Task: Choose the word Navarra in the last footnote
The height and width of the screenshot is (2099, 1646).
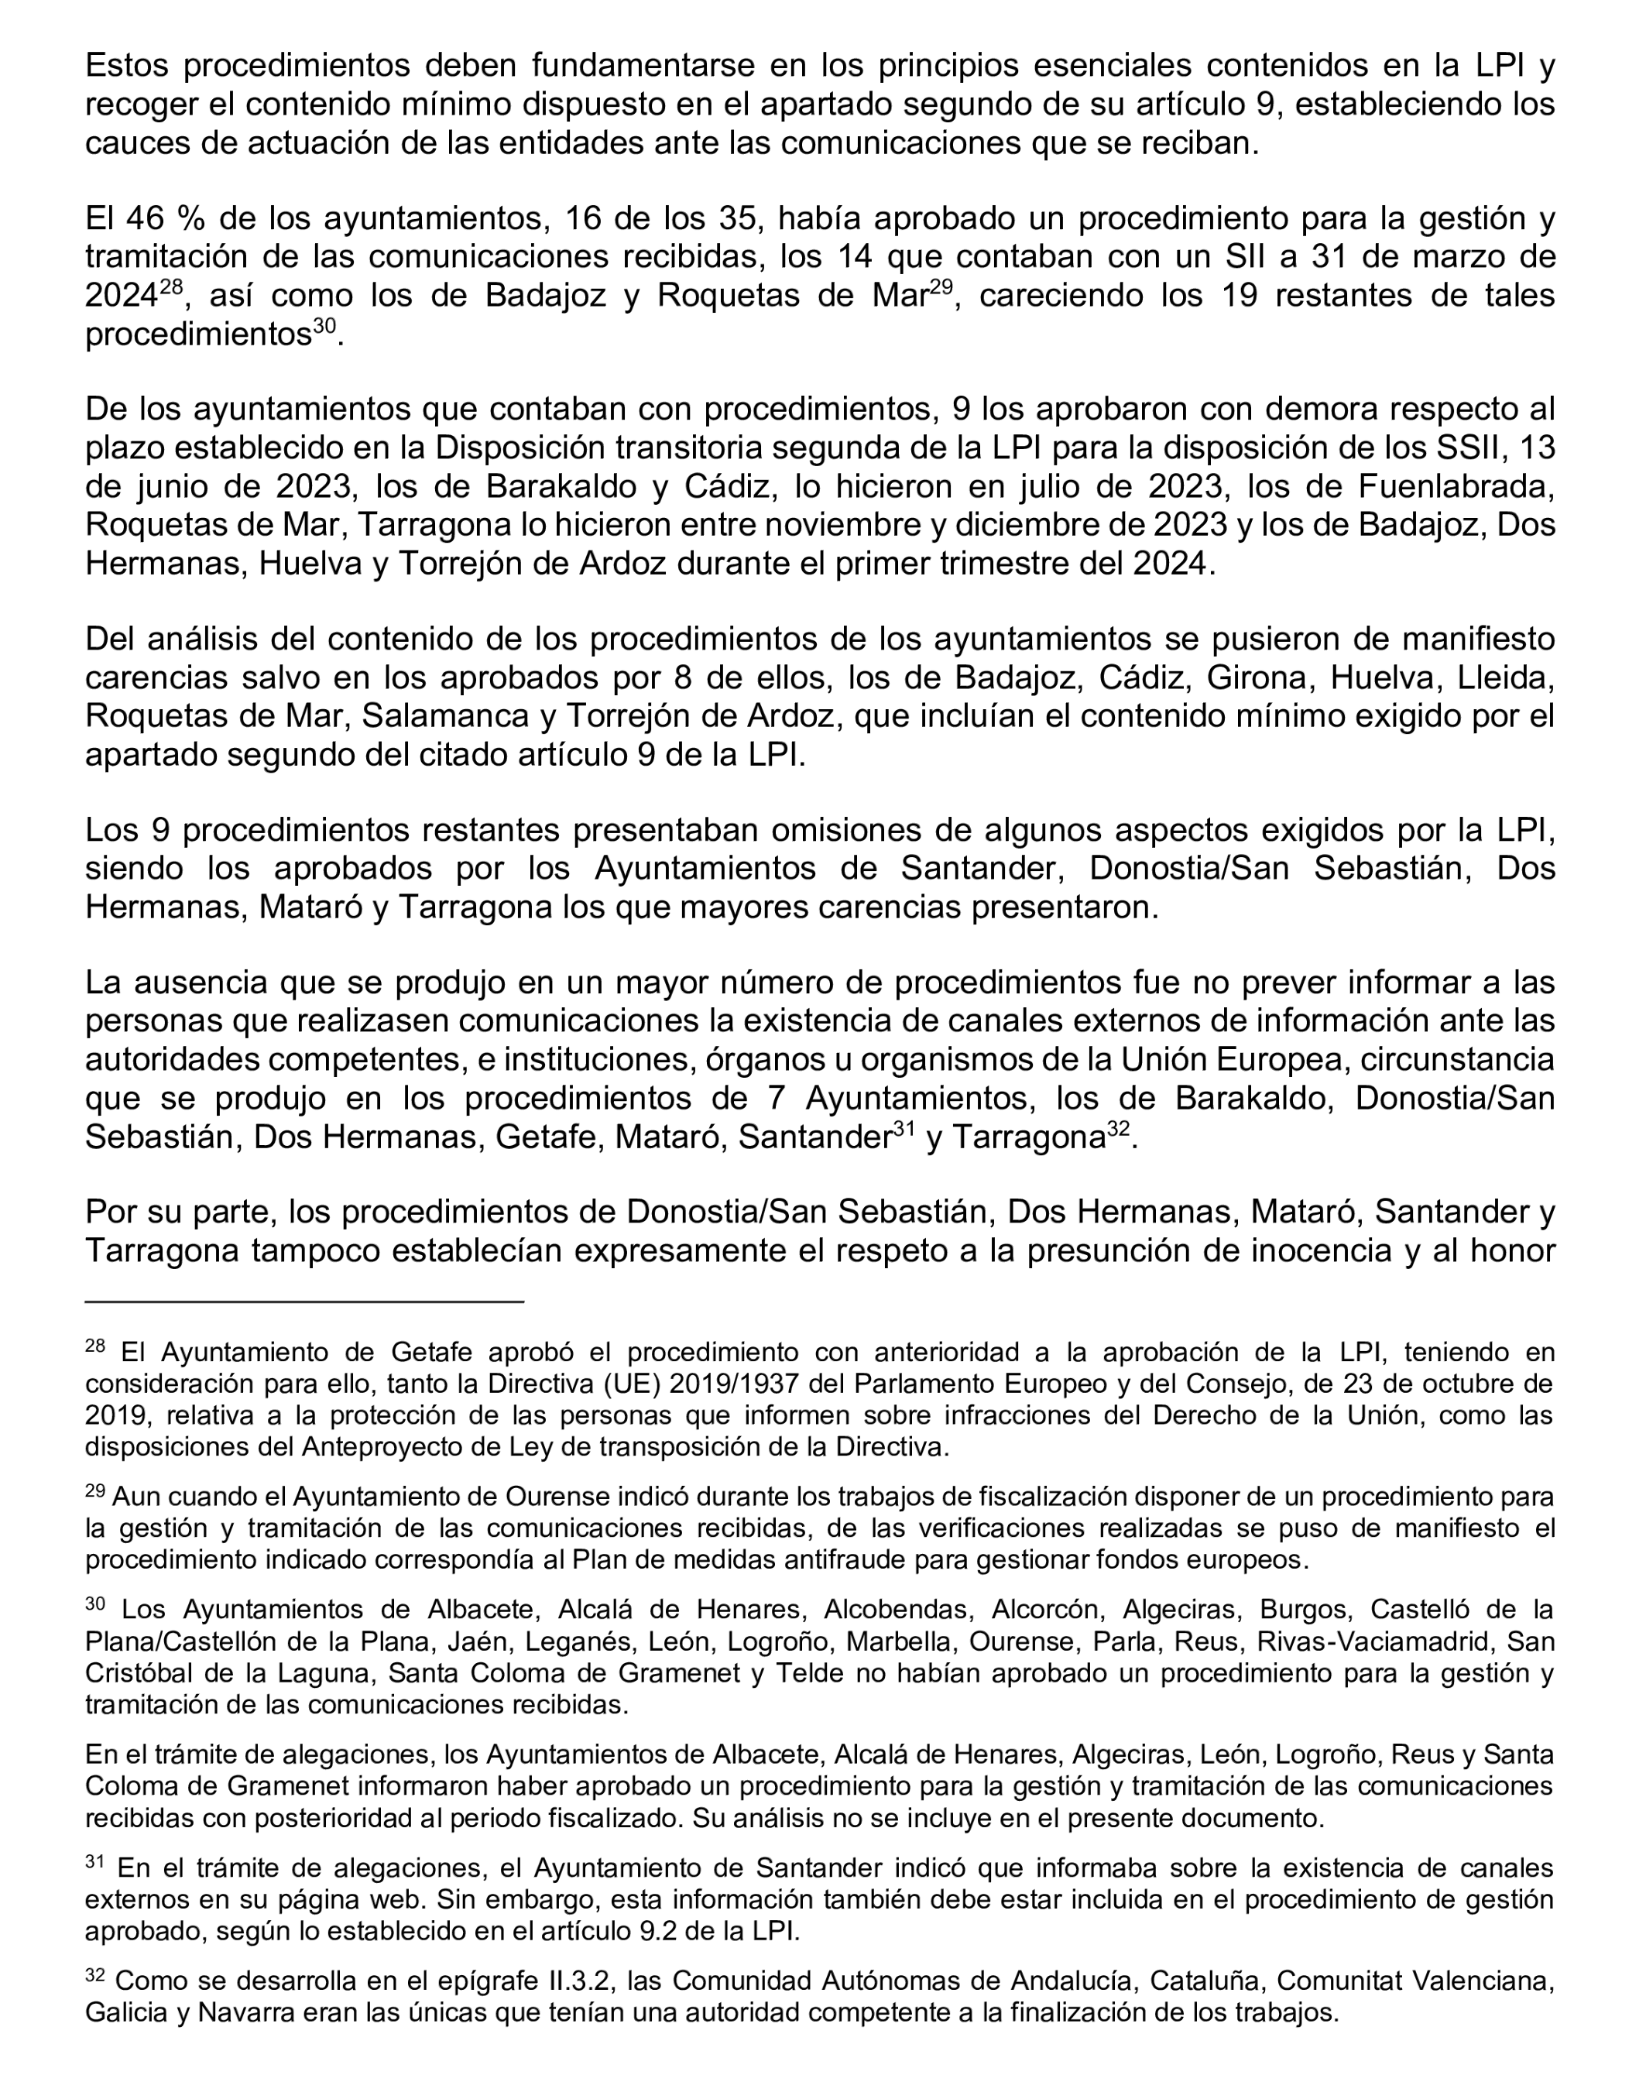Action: [x=206, y=2013]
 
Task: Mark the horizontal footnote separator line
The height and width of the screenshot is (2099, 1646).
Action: [x=303, y=1302]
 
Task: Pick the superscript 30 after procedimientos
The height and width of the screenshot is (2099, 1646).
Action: [x=324, y=327]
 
